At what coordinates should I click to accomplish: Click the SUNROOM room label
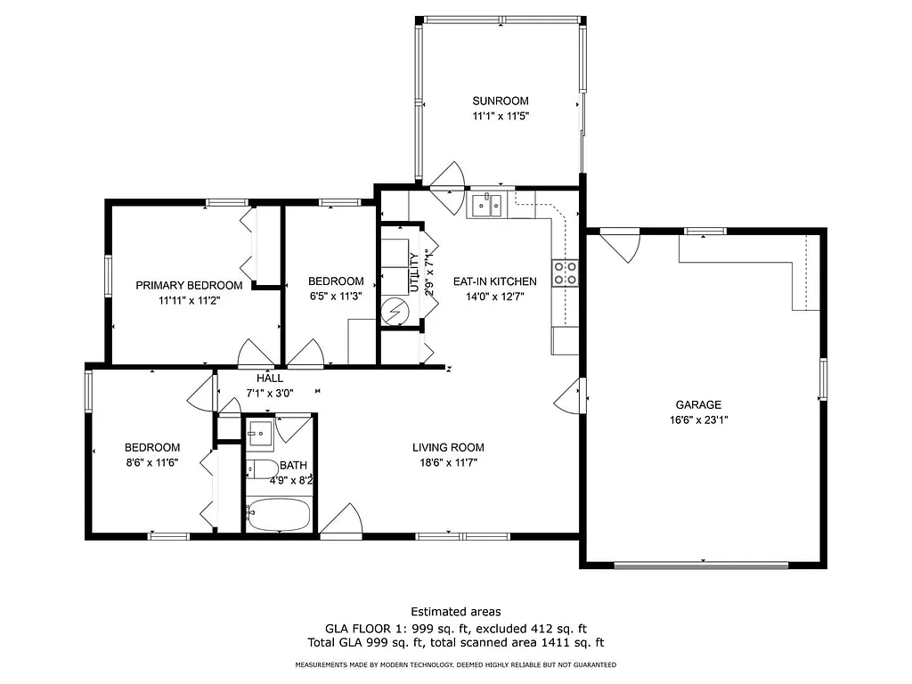click(x=501, y=101)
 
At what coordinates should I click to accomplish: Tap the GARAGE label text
click(x=697, y=404)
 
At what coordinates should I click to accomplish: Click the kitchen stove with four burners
click(x=565, y=273)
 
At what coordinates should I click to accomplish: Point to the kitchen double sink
click(x=486, y=206)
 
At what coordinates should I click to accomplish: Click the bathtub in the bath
click(x=278, y=515)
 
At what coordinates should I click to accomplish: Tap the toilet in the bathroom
click(x=261, y=469)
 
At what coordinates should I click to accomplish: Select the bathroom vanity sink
click(x=260, y=434)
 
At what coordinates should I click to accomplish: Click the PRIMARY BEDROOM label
click(x=189, y=285)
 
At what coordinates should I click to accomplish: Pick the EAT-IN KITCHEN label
click(x=494, y=281)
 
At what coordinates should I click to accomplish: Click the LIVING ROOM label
click(x=448, y=447)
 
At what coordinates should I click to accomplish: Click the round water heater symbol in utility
click(x=393, y=311)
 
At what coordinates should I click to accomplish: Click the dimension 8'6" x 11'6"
click(x=151, y=462)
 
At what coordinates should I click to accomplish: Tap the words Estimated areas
click(x=455, y=611)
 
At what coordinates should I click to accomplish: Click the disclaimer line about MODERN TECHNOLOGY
click(x=455, y=664)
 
